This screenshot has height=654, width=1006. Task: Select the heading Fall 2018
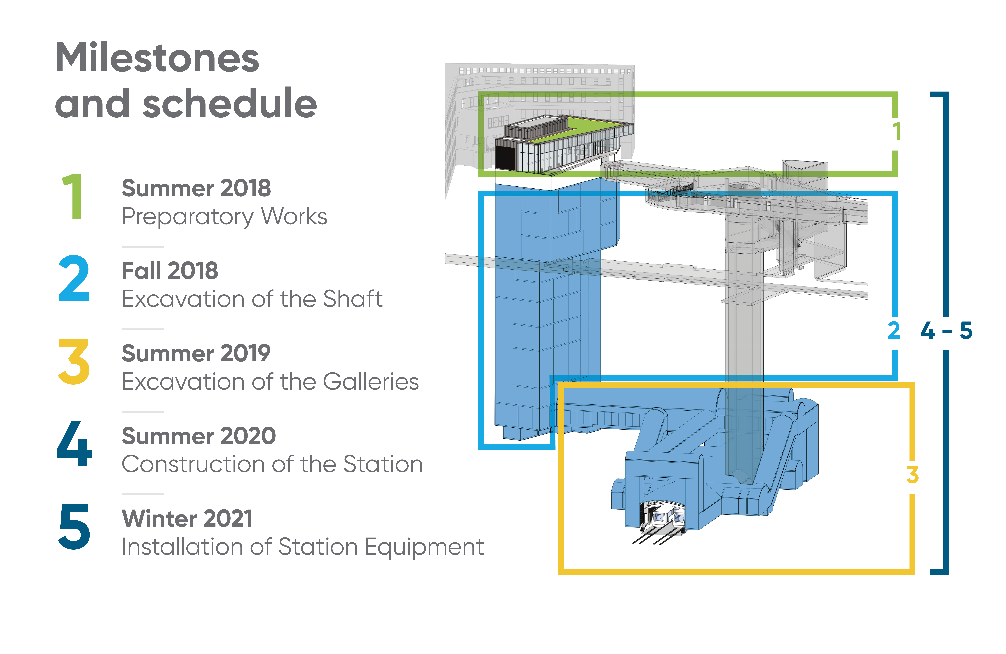(170, 271)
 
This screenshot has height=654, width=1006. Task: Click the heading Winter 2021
(187, 519)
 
